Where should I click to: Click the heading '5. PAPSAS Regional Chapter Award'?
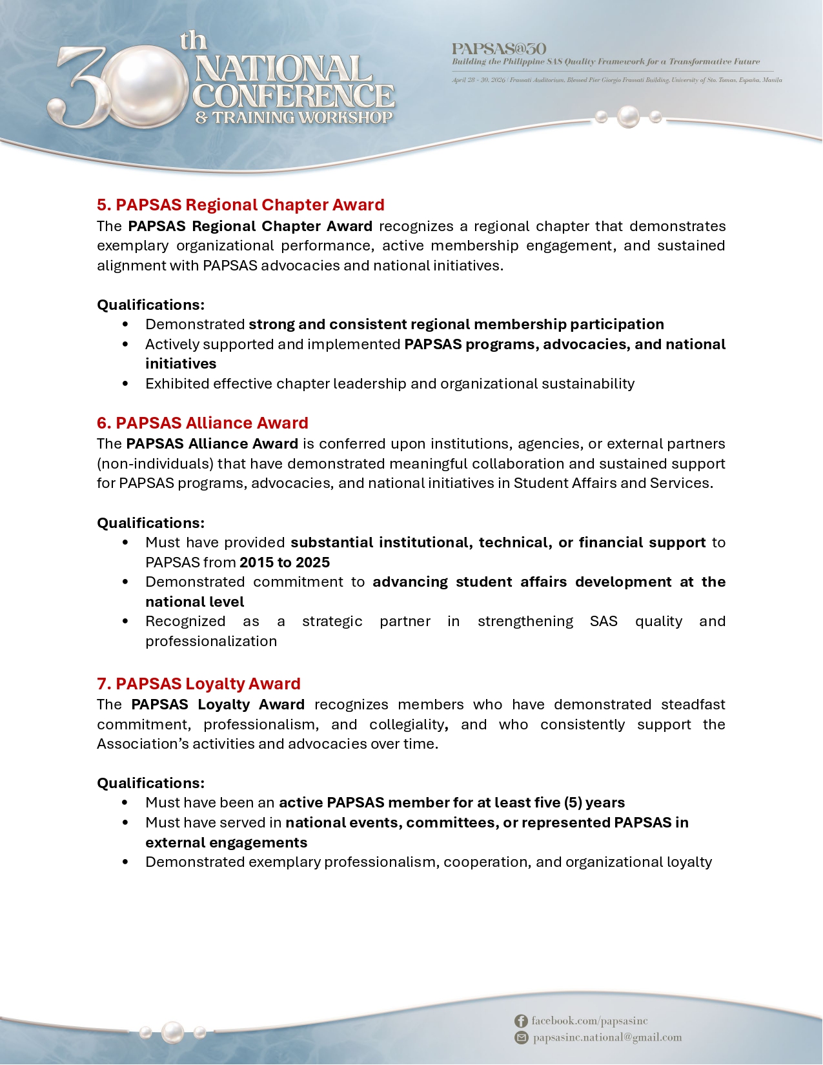240,205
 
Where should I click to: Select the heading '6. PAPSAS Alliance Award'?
203,423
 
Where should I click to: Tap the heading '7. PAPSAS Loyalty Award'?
199,684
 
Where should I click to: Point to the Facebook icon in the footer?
521,1021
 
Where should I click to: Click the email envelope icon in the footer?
521,1038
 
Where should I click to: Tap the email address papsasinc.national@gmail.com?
607,1038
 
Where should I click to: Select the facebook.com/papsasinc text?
589,1021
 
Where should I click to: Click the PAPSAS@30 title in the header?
499,49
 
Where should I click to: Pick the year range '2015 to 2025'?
285,562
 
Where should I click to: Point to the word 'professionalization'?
211,641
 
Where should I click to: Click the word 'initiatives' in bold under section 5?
181,364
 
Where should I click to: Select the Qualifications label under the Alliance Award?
150,523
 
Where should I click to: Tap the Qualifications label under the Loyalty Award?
150,783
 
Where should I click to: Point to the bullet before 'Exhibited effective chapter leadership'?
125,384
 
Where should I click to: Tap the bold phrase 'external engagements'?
226,842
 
